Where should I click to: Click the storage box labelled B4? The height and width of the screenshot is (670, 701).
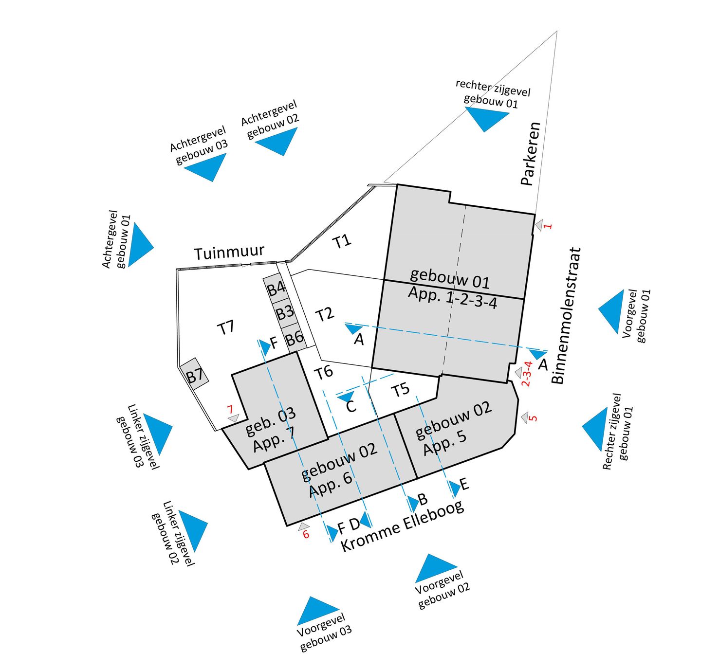276,289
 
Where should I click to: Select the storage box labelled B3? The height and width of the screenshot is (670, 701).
285,312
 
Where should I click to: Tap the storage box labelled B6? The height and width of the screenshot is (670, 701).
294,338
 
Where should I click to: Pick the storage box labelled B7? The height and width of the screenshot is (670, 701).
195,375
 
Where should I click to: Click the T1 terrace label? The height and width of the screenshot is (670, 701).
342,241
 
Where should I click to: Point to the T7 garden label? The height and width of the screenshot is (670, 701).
226,327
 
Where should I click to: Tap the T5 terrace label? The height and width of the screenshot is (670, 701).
401,390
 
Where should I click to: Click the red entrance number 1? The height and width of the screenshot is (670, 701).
548,226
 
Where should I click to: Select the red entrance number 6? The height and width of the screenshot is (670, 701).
306,535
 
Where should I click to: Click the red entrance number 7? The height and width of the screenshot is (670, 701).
230,410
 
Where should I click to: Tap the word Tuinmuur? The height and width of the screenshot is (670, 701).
229,253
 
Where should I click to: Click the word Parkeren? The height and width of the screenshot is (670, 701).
531,154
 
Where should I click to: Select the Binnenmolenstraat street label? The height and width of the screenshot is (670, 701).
567,316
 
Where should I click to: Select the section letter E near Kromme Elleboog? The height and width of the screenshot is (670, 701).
464,484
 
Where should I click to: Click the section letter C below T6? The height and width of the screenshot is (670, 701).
350,406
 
